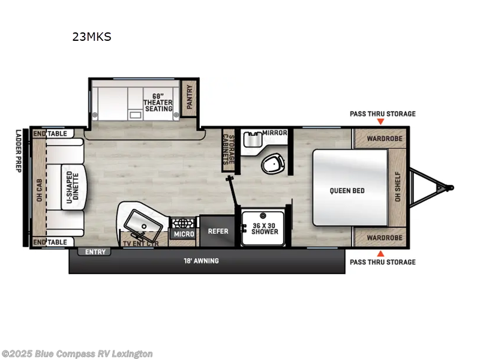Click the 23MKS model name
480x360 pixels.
[x=92, y=37]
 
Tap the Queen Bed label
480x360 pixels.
[x=347, y=191]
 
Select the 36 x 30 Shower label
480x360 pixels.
[x=264, y=228]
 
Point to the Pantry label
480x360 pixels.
[x=190, y=96]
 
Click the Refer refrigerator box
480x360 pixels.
[x=217, y=230]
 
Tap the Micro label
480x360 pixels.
[x=183, y=233]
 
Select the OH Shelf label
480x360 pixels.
[x=397, y=187]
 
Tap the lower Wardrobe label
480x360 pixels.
[x=380, y=237]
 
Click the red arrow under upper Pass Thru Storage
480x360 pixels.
[x=380, y=122]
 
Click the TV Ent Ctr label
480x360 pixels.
[x=139, y=243]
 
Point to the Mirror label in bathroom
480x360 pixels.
[x=274, y=133]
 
